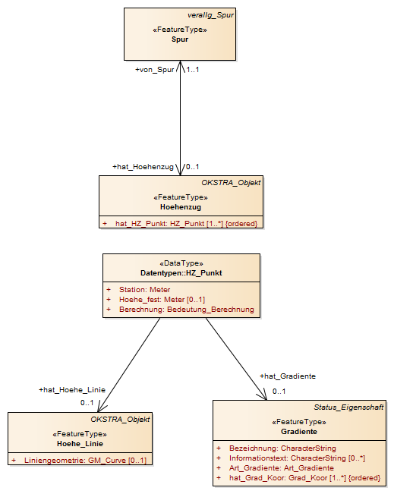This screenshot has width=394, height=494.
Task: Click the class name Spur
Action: point(180,39)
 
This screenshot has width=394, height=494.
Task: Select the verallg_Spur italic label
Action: point(210,15)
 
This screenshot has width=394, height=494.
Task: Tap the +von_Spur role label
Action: point(155,70)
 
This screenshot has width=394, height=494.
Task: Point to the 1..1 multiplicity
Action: point(193,70)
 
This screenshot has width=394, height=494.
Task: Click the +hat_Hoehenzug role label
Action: point(143,167)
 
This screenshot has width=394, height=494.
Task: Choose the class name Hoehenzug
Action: point(181,207)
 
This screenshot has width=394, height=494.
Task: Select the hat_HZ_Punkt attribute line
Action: point(186,224)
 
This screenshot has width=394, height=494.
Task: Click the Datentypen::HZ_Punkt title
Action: point(181,273)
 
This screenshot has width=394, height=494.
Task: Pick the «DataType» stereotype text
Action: point(181,263)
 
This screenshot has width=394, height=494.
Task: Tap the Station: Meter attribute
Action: point(145,290)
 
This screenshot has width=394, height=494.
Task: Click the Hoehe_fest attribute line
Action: point(162,299)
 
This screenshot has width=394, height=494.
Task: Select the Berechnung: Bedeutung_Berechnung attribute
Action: point(187,310)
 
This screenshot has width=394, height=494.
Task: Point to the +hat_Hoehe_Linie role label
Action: point(72,390)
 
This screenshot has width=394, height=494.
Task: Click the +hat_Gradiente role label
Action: point(288,376)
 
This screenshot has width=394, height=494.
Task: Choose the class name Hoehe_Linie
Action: point(80,444)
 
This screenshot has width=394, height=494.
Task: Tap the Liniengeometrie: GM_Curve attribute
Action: point(86,461)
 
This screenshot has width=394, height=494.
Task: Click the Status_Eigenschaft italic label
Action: point(348,407)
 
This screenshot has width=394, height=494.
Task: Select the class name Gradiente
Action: point(299,432)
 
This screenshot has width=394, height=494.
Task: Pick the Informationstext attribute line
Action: point(298,458)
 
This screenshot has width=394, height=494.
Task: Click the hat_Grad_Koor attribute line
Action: point(304,478)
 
